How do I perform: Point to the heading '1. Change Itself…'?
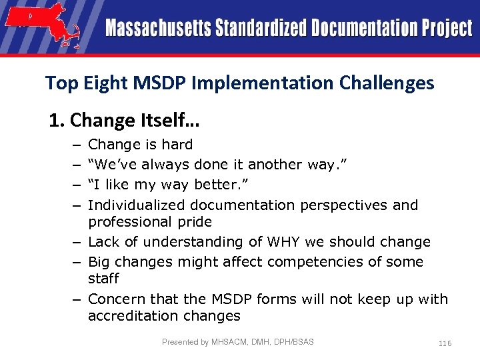[x=125, y=121]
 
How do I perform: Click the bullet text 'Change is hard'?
[x=140, y=145]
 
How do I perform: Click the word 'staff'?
[x=103, y=279]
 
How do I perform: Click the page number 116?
[x=445, y=343]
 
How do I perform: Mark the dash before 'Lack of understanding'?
[x=77, y=242]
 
